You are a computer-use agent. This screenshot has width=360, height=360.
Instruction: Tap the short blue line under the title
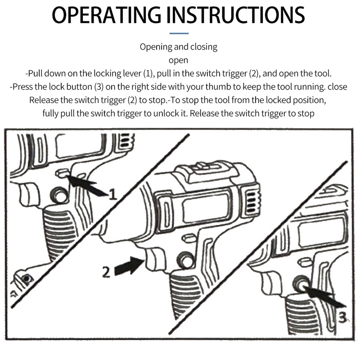180,33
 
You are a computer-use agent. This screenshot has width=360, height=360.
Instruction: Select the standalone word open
178,60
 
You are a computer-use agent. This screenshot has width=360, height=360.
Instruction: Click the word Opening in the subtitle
155,47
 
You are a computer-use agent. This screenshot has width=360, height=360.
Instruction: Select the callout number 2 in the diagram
106,271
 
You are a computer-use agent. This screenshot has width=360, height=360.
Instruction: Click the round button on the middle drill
184,260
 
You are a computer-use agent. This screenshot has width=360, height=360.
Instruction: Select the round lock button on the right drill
299,283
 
